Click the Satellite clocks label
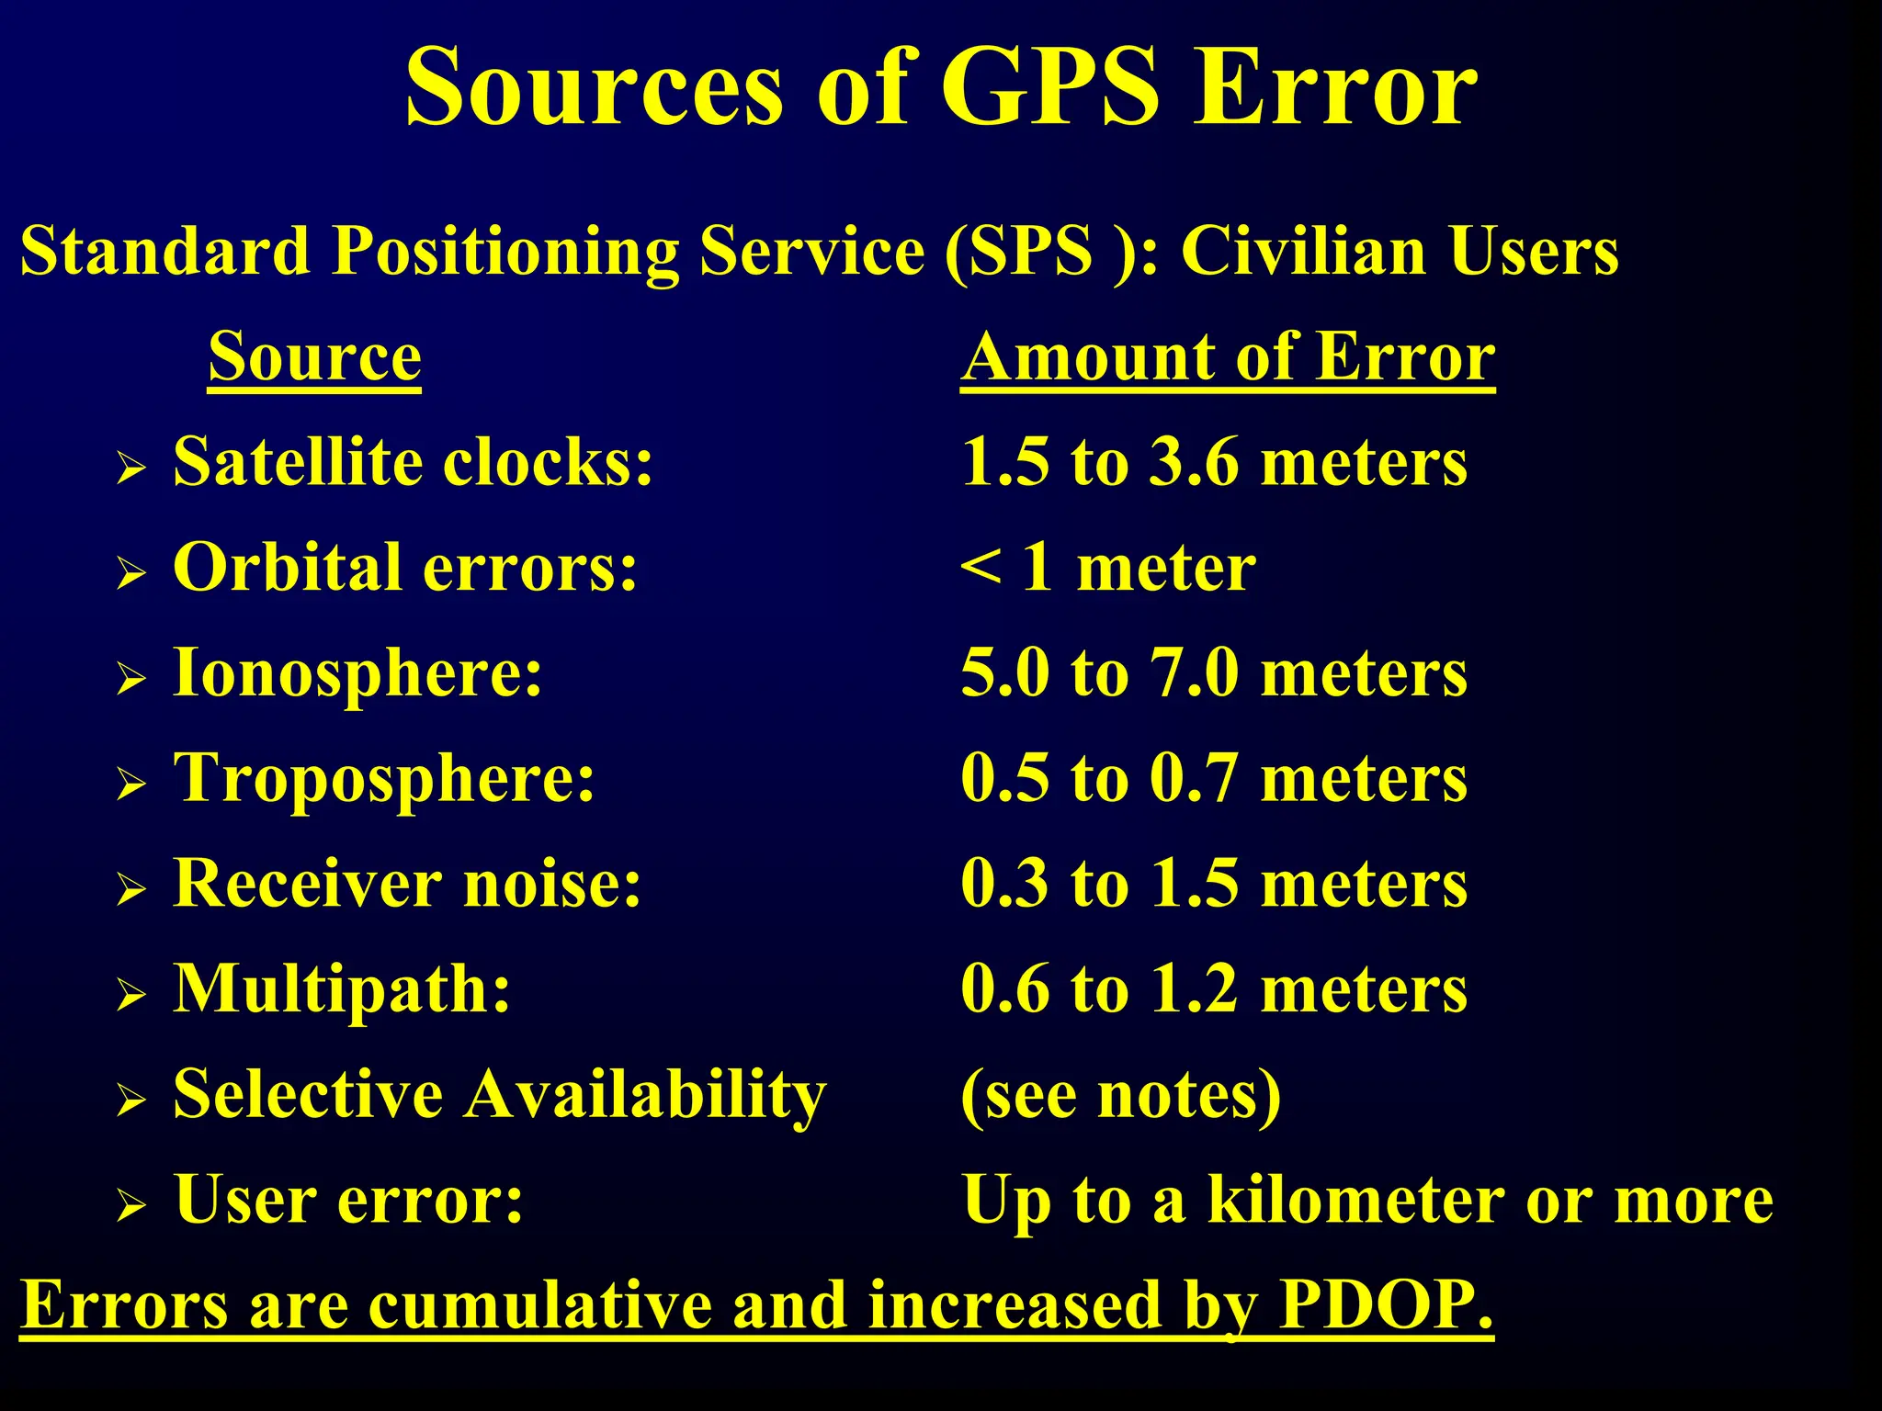[x=413, y=461]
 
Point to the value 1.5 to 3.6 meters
[x=1213, y=461]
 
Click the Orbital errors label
[x=404, y=567]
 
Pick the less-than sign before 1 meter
[x=981, y=567]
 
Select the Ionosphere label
[x=357, y=672]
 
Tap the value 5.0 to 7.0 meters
[x=1213, y=672]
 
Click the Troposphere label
[x=384, y=778]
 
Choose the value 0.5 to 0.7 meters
[x=1213, y=778]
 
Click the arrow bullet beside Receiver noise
[x=131, y=889]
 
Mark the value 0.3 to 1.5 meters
[x=1213, y=884]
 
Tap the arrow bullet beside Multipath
[x=131, y=995]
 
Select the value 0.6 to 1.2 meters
[x=1213, y=989]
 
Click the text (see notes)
[x=1120, y=1095]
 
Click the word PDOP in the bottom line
[x=1384, y=1304]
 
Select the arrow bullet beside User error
[x=131, y=1206]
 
